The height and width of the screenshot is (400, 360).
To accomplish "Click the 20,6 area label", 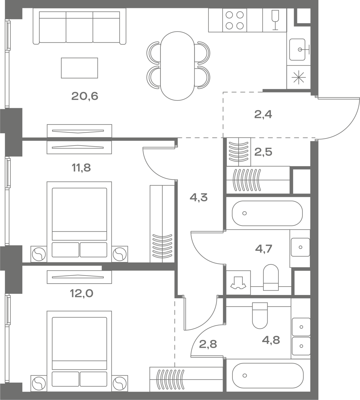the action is (85, 96).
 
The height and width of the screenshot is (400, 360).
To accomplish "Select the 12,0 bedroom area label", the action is (82, 293).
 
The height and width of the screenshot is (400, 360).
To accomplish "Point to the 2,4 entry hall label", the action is (263, 114).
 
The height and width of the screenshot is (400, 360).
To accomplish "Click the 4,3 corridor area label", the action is (199, 197).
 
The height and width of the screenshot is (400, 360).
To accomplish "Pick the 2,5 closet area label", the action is (263, 152).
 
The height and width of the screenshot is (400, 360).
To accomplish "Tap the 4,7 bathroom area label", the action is (264, 249).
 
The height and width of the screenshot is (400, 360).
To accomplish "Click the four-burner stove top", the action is (235, 20).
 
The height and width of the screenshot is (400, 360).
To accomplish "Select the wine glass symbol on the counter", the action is (275, 20).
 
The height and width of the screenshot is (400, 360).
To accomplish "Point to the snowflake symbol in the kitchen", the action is (298, 77).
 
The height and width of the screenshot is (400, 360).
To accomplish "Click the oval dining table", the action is (177, 66).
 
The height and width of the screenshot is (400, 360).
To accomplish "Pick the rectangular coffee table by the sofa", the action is (79, 68).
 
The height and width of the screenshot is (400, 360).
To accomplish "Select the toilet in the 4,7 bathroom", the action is (271, 277).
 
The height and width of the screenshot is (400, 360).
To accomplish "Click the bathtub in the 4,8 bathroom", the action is (268, 375).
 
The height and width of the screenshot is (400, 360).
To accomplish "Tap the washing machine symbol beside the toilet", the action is (238, 283).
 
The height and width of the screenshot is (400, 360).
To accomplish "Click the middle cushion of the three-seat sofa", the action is (79, 27).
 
